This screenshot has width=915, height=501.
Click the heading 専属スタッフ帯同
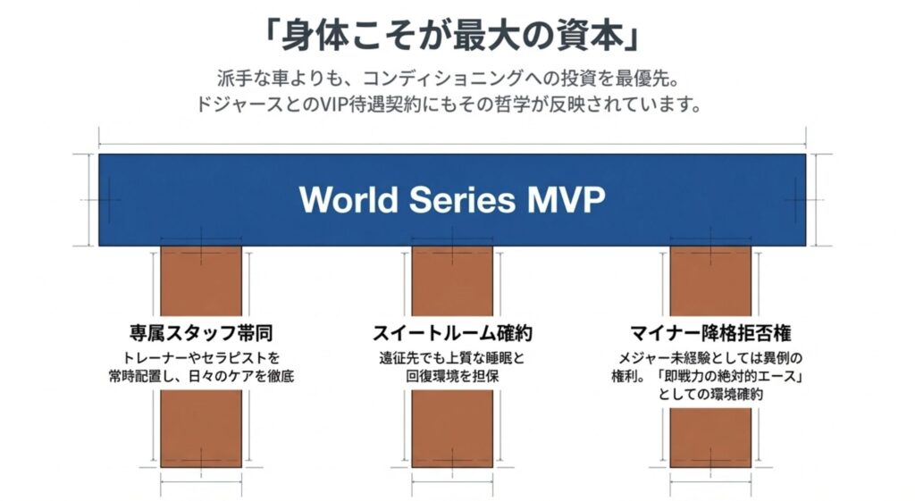point(200,335)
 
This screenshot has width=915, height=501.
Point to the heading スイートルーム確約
point(452,335)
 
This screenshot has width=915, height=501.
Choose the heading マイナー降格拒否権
point(710,335)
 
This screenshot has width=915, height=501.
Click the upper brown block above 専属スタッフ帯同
point(201,280)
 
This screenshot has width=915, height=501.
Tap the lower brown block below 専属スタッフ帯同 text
point(201,428)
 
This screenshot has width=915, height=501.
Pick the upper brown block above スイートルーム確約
point(452,280)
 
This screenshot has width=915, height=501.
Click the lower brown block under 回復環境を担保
point(452,428)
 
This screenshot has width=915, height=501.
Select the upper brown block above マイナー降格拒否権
point(710,280)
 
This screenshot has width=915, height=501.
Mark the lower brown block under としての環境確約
point(710,437)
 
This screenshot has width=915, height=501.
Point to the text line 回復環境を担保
point(452,376)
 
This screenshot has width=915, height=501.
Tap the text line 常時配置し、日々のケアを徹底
point(200,376)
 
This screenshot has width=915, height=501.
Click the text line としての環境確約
point(710,393)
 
